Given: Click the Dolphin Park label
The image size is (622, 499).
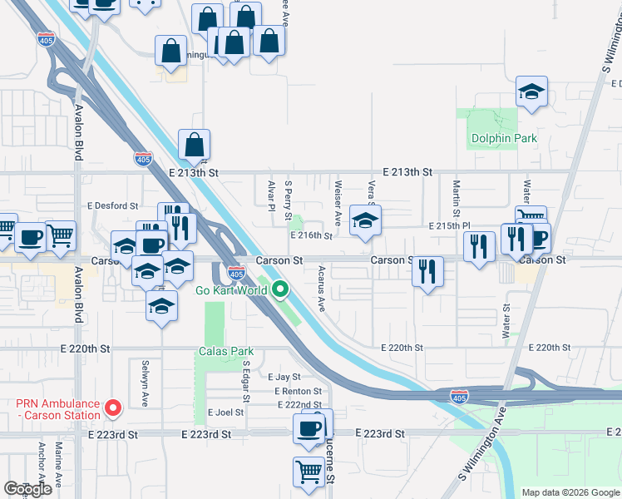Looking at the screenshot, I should pyautogui.click(x=503, y=138).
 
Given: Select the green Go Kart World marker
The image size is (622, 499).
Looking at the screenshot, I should pyautogui.click(x=281, y=290).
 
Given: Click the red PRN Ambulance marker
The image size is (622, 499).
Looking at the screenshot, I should pyautogui.click(x=113, y=408).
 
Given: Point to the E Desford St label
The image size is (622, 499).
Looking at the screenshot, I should pyautogui.click(x=112, y=205).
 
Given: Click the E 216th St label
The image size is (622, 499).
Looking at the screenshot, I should pyautogui.click(x=311, y=235).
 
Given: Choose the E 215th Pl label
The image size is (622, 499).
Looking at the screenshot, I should pyautogui.click(x=450, y=225).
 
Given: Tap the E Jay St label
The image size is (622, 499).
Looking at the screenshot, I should pyautogui.click(x=284, y=377).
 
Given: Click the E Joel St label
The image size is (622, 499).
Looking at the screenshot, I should pyautogui.click(x=226, y=412).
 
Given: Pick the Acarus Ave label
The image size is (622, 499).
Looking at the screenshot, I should pyautogui.click(x=322, y=289).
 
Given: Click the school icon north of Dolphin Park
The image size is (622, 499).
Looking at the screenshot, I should pyautogui.click(x=531, y=92).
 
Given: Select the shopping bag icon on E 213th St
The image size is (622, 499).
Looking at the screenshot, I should pyautogui.click(x=194, y=146).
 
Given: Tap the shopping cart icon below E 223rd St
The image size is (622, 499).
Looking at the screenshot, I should pyautogui.click(x=309, y=472).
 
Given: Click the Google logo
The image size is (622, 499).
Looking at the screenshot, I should pyautogui.click(x=27, y=489).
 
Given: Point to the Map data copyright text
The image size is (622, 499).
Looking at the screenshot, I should pyautogui.click(x=570, y=492).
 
